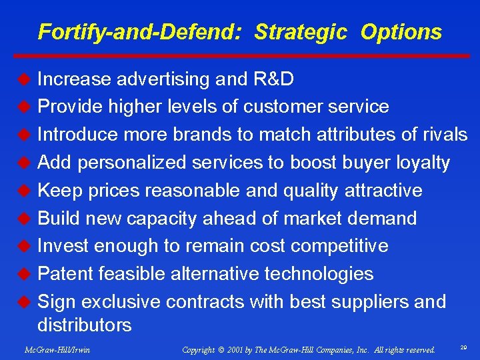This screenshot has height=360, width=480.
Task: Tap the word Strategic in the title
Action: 301,32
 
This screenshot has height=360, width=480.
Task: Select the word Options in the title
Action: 401,32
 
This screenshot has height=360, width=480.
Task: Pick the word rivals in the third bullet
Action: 445,135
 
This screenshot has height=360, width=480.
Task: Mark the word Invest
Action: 63,246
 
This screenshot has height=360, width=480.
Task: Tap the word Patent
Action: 65,274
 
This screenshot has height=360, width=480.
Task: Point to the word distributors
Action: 85,325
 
